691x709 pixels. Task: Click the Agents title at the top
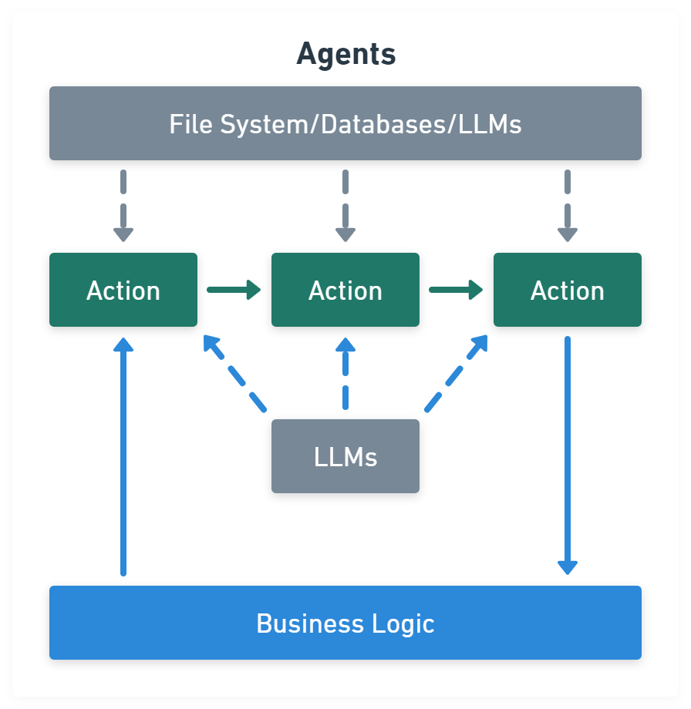click(345, 54)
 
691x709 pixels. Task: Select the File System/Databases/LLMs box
click(345, 123)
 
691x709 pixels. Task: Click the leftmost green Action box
click(123, 290)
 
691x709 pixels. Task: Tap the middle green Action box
click(345, 290)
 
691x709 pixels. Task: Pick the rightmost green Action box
click(568, 290)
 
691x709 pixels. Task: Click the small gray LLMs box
click(345, 456)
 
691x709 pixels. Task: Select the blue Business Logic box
click(345, 623)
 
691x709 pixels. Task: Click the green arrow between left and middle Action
click(234, 290)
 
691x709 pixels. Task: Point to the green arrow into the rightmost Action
click(456, 290)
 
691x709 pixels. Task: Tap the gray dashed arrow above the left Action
click(123, 206)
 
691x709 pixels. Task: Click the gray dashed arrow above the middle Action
click(345, 206)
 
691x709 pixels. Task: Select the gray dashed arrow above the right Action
click(568, 206)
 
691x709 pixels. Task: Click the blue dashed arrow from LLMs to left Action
click(234, 373)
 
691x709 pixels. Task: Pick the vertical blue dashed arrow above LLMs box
click(345, 373)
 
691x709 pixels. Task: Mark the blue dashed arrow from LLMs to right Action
click(457, 373)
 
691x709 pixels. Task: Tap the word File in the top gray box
click(191, 124)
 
